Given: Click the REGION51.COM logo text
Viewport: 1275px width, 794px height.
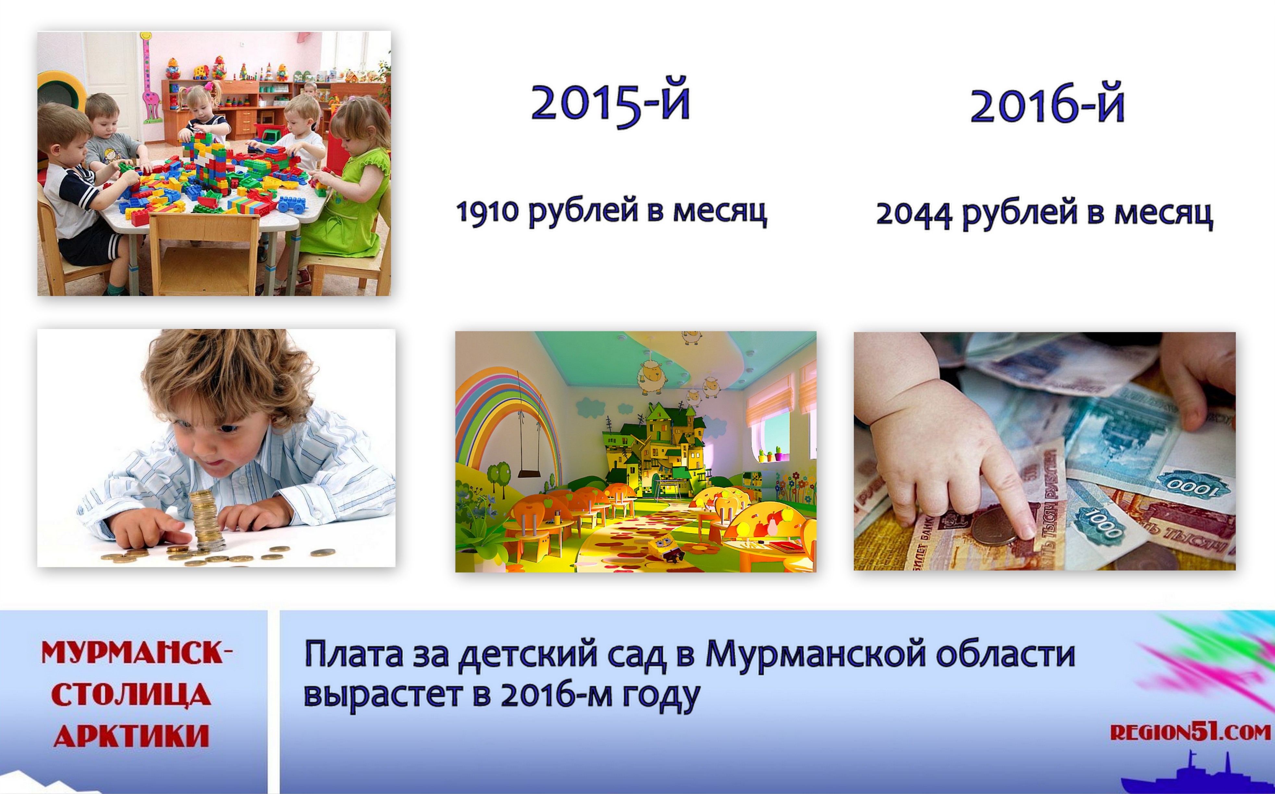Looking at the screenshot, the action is (1190, 731).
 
